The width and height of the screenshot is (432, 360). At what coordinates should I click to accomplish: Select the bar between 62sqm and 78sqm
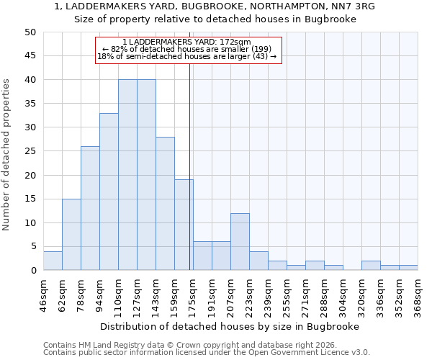[71, 235]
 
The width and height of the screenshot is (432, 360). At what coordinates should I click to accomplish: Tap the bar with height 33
[109, 192]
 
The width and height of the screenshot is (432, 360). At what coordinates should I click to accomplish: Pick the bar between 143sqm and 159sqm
[165, 204]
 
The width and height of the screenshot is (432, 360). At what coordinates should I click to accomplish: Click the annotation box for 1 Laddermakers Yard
[188, 50]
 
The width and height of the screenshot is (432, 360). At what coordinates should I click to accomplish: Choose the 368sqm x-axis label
[418, 296]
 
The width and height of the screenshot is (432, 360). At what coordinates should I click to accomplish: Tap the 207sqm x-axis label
[230, 296]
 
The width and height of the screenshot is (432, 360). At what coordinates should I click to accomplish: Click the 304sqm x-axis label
[343, 296]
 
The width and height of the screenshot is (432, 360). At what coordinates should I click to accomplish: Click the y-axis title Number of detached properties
[7, 156]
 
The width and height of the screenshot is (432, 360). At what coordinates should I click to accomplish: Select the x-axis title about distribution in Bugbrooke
[230, 326]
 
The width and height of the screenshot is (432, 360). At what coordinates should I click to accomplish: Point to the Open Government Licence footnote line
[207, 353]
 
